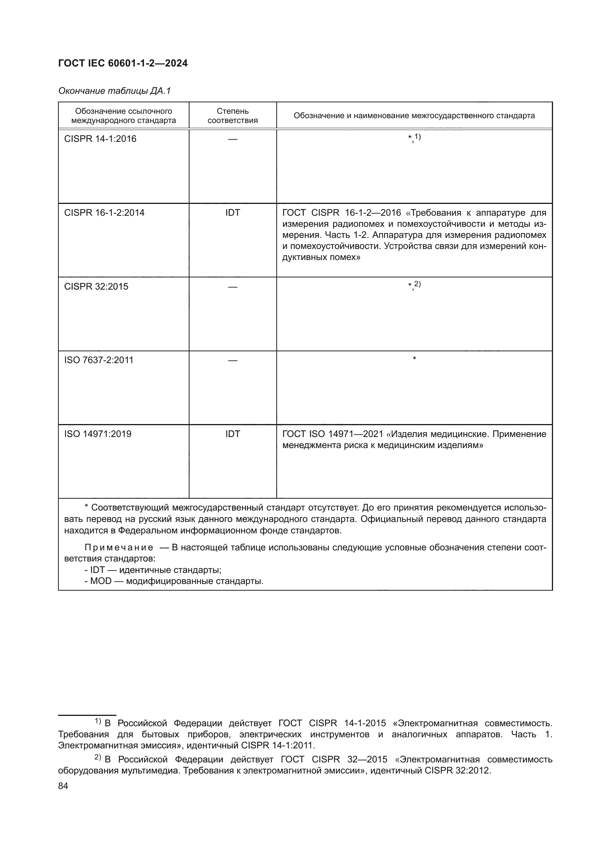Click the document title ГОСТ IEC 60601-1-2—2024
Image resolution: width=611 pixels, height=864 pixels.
(x=123, y=64)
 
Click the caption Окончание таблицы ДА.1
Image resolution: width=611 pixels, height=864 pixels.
(x=115, y=91)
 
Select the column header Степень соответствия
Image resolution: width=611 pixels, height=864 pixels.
(x=232, y=116)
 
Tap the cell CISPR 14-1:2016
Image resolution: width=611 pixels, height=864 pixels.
(x=100, y=139)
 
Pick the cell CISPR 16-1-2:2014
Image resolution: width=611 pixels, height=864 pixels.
(x=104, y=213)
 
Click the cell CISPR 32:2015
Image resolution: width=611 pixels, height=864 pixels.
(x=96, y=286)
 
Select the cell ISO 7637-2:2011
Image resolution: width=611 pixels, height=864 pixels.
(x=99, y=360)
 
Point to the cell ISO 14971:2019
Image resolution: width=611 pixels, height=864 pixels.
(x=98, y=434)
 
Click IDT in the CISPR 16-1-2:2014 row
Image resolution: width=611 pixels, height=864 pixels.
(x=232, y=213)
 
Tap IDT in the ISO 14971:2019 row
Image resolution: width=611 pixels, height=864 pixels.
(x=232, y=434)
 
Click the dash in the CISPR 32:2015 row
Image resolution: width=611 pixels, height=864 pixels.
(x=232, y=287)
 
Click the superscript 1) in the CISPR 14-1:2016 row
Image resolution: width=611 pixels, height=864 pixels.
(x=417, y=137)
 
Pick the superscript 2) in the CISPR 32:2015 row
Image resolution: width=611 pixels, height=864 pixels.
(x=417, y=284)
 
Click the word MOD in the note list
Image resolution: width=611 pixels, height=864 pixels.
(x=101, y=581)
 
